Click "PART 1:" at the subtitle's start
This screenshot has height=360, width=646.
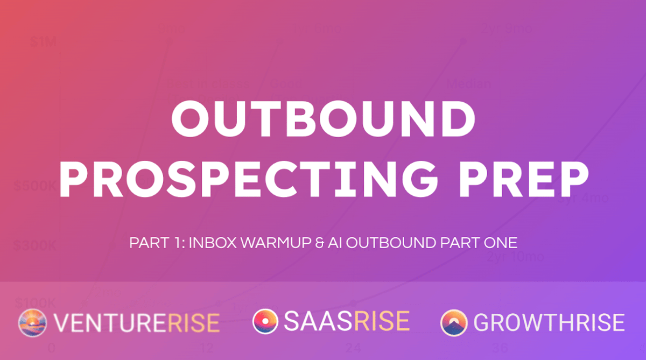click(157, 243)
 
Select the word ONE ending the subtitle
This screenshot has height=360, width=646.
click(500, 243)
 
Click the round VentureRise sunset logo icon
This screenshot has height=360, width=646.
click(33, 323)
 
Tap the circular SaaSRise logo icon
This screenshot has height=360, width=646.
click(265, 322)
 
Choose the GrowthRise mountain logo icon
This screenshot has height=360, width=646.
click(454, 323)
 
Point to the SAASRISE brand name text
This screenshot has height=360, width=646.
click(346, 322)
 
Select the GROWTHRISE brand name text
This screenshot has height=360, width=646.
click(549, 323)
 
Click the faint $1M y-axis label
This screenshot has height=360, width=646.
click(43, 42)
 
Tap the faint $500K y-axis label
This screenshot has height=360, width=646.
click(35, 186)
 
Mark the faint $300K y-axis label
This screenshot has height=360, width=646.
click(35, 245)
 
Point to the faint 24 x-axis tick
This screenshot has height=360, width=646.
click(353, 347)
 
